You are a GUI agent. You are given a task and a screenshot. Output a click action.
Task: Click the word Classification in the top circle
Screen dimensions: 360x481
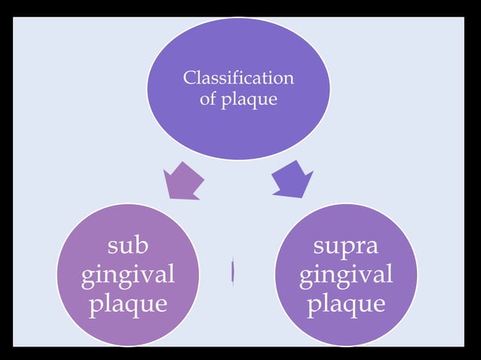[x=238, y=78]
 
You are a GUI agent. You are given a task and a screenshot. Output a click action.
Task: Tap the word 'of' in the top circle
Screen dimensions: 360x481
[x=208, y=99]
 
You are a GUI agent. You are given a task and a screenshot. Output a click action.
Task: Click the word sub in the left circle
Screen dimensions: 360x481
[x=127, y=246]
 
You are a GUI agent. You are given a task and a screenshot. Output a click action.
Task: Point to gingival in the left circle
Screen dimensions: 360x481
[x=128, y=276]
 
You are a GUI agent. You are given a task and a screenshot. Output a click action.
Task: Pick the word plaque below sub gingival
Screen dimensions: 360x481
[x=128, y=304]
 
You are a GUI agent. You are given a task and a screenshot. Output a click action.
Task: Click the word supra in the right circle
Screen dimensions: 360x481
[x=345, y=247]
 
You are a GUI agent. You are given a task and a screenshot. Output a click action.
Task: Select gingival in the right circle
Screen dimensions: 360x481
[x=345, y=276]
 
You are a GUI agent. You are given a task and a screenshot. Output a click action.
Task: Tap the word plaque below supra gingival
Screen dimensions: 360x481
[x=345, y=304]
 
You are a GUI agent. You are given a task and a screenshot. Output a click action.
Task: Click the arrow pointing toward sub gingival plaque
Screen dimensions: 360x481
[x=183, y=181]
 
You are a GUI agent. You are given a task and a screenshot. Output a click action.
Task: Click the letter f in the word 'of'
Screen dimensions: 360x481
[x=213, y=99]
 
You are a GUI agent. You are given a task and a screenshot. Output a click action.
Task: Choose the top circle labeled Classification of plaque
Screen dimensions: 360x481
[x=238, y=88]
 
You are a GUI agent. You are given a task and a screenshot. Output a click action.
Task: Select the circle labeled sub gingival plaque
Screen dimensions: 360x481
[x=128, y=275]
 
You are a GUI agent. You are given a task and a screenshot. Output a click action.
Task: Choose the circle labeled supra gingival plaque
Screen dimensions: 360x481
[x=345, y=275]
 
